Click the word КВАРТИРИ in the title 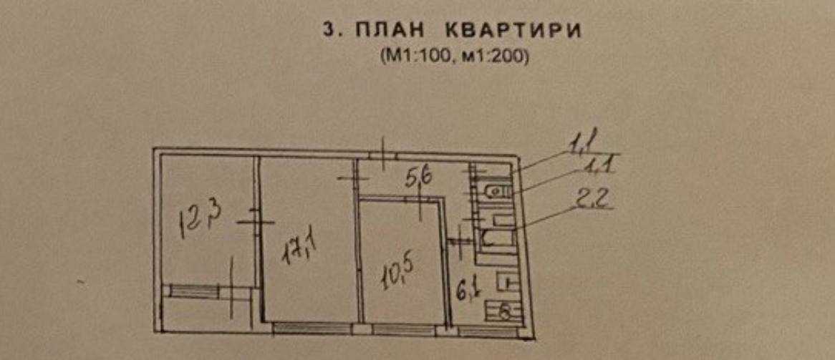click(513, 31)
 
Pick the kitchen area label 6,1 click(467, 291)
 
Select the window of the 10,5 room click(404, 329)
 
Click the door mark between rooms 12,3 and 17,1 click(255, 222)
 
